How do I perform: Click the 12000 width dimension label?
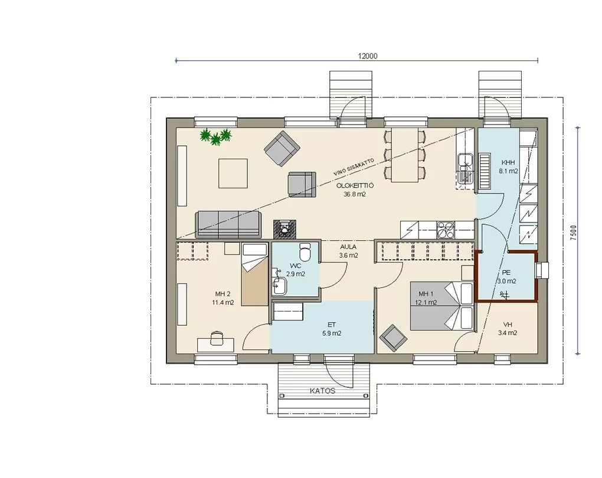[x=368, y=56]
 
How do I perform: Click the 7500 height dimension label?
[x=574, y=233]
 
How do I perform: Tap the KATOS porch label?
[x=322, y=391]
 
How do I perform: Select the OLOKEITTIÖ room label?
[x=355, y=185]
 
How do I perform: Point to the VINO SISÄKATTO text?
[x=354, y=168]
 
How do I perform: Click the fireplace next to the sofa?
[x=285, y=230]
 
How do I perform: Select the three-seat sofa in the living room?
[x=228, y=224]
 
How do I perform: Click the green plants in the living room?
[x=216, y=136]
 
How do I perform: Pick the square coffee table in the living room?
[x=233, y=173]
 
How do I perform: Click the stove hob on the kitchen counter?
[x=446, y=230]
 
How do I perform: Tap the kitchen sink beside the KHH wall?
[x=466, y=169]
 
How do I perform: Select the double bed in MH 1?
[x=442, y=306]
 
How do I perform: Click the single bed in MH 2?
[x=254, y=274]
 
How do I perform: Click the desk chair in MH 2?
[x=217, y=338]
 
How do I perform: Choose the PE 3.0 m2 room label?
[x=506, y=276]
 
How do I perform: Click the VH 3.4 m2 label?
[x=507, y=329]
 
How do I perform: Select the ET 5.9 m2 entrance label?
[x=332, y=329]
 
